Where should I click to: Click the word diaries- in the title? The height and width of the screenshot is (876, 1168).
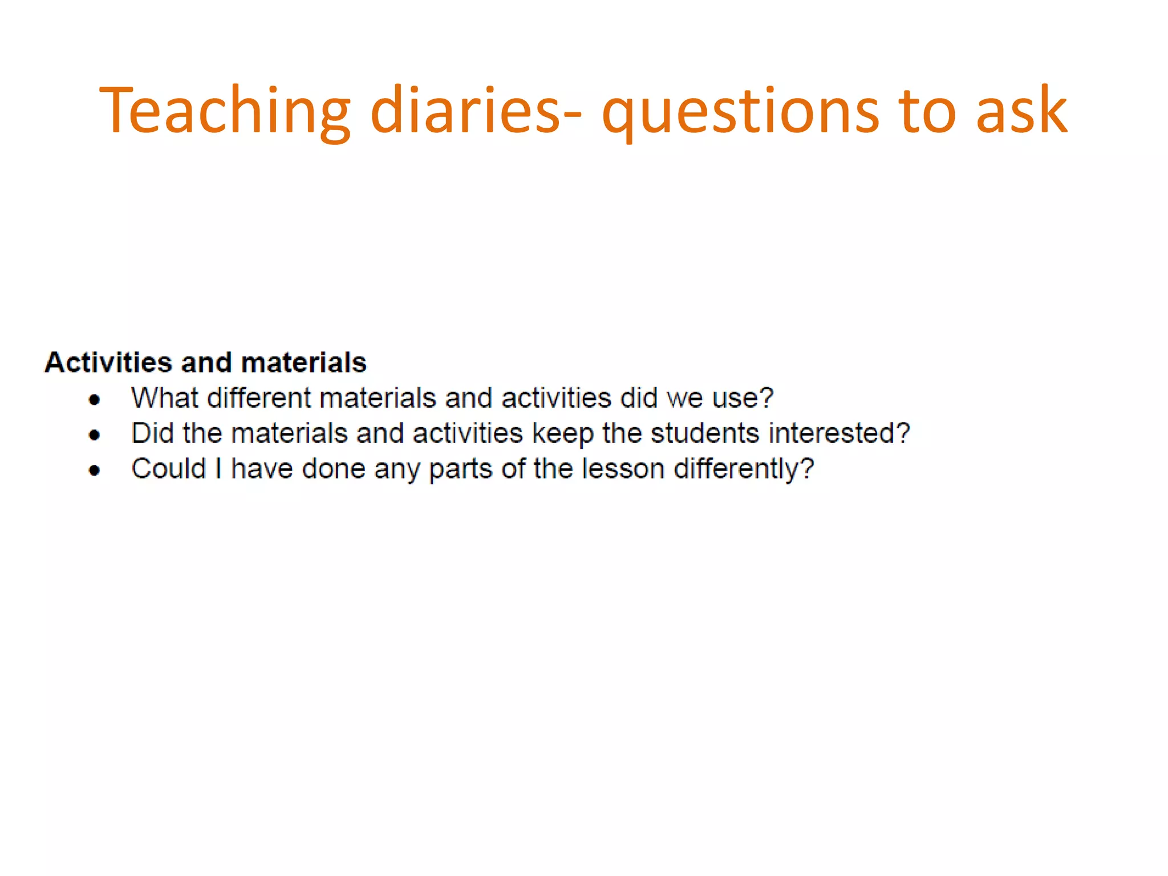[476, 111]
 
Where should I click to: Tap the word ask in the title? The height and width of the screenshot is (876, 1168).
[1021, 111]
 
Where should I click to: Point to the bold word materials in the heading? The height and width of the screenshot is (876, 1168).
[303, 363]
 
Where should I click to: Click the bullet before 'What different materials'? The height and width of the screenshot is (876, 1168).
[95, 399]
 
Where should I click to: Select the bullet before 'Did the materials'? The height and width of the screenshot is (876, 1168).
[95, 435]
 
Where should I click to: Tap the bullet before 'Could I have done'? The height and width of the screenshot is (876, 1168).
[95, 471]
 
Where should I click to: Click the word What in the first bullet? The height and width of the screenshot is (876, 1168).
[165, 398]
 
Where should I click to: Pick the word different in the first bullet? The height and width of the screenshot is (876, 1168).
[258, 398]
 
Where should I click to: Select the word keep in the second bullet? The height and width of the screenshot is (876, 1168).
[562, 433]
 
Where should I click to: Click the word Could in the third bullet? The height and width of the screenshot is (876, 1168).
[168, 469]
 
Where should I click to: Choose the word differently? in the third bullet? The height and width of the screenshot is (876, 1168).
[744, 469]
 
